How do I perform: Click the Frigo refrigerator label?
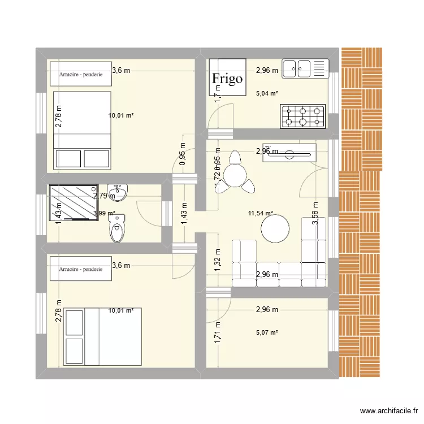[x=228, y=79]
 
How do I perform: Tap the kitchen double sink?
[x=305, y=68]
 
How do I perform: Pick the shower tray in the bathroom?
[x=73, y=202]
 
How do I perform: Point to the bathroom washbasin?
[x=118, y=192]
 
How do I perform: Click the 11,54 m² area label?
[x=261, y=214]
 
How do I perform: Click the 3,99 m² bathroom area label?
[x=104, y=214]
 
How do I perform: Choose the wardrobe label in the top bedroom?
[x=80, y=73]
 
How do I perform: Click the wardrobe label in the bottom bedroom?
[x=80, y=270]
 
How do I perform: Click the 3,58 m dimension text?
[x=315, y=214]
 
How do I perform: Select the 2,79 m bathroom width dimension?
[x=104, y=196]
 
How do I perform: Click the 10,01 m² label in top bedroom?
[x=121, y=115]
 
